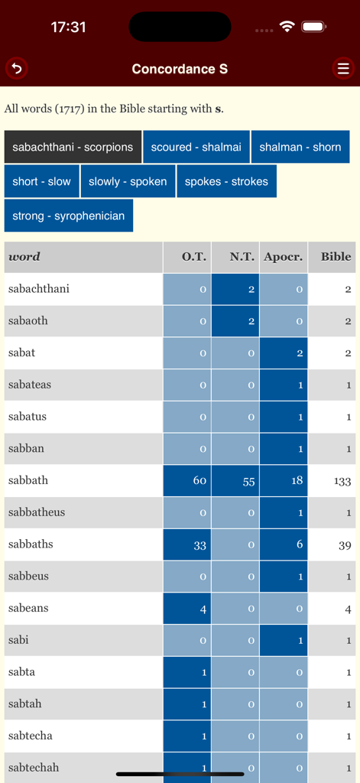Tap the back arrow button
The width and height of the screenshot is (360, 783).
click(16, 69)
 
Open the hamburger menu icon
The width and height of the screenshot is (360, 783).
click(343, 69)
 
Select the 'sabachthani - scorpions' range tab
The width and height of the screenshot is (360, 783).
click(73, 147)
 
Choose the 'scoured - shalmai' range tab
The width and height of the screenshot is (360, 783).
click(196, 147)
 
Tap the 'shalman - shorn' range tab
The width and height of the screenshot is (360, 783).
click(300, 147)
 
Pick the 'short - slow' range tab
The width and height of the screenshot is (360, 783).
click(41, 181)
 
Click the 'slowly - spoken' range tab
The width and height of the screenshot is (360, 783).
click(128, 181)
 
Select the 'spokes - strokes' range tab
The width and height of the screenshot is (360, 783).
click(226, 181)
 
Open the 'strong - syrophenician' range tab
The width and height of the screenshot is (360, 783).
click(69, 216)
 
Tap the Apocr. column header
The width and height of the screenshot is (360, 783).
click(283, 257)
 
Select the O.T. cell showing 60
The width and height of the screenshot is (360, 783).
click(186, 480)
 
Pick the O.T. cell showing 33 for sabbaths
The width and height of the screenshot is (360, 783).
click(186, 544)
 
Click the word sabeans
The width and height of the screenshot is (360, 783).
click(28, 608)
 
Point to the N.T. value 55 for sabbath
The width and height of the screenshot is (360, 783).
click(235, 480)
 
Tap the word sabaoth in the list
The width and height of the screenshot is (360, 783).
click(28, 321)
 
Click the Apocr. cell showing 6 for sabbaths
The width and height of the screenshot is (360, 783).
click(283, 544)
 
